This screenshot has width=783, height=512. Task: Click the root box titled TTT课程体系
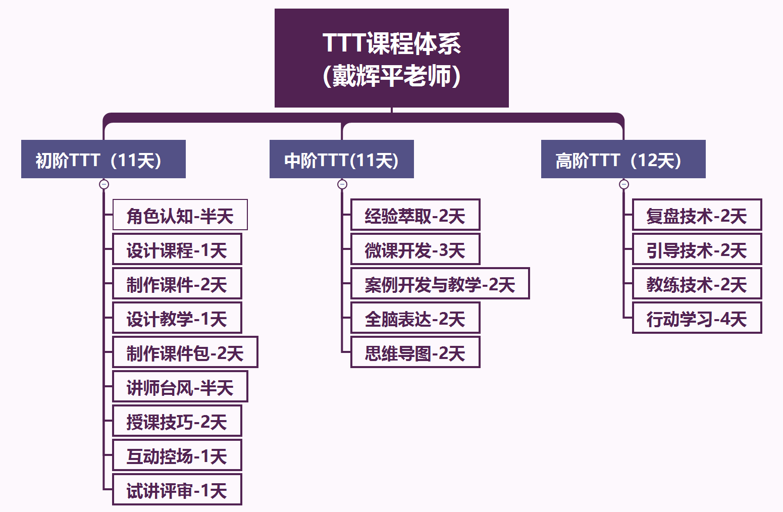pos(392,58)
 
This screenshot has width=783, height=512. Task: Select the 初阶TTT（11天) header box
pos(103,159)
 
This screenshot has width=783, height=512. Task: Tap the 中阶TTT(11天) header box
pos(341,159)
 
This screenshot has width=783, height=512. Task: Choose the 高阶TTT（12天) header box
pos(623,159)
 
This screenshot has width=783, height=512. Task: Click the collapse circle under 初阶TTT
pos(104,184)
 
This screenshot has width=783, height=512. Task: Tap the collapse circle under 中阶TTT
pos(342,184)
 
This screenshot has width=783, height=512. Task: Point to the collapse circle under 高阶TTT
pos(624,184)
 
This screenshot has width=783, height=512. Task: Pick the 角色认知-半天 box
pos(180,215)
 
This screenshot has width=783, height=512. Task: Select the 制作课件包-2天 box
pos(185,352)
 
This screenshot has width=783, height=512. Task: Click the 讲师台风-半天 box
pos(180,386)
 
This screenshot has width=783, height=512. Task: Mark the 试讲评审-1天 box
pos(177,490)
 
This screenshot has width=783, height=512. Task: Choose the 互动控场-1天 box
pos(177,455)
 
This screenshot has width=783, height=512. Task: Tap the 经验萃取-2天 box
pos(415,215)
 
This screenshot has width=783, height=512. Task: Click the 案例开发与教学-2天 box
pos(440,283)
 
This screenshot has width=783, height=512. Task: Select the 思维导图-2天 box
pos(415,352)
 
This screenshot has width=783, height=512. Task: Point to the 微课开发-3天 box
pos(415,249)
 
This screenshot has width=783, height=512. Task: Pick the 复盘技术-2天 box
pos(697,215)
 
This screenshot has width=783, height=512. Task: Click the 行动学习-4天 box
pos(697,318)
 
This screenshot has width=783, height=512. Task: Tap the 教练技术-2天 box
pos(697,283)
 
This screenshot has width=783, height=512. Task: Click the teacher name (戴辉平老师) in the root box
pos(392,76)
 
